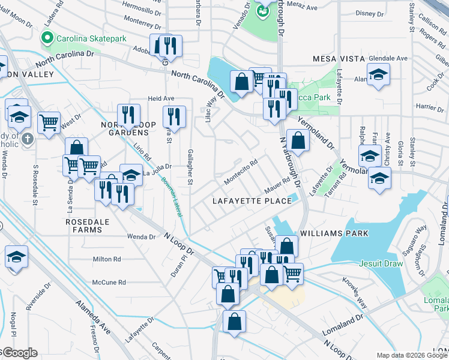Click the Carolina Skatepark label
click(x=91, y=38)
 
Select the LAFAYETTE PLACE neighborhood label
click(x=252, y=201)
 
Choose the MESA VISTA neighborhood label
click(x=339, y=58)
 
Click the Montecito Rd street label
click(x=241, y=171)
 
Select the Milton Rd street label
click(x=107, y=259)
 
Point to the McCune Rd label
click(x=109, y=282)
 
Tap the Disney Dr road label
click(x=369, y=13)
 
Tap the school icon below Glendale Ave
click(x=378, y=76)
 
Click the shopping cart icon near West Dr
click(x=49, y=123)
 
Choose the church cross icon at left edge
click(x=26, y=139)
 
